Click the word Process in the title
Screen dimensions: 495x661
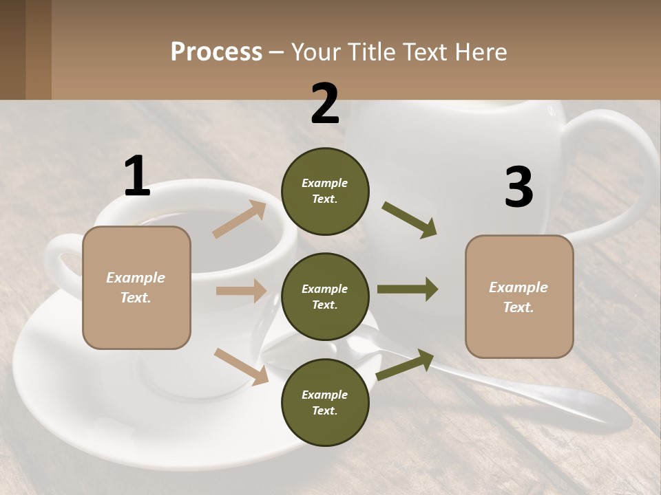(216, 52)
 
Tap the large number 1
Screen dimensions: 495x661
(137, 177)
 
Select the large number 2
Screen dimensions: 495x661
(325, 104)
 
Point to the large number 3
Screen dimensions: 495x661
(518, 187)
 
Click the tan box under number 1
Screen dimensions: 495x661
(136, 287)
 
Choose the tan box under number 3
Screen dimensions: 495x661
(519, 296)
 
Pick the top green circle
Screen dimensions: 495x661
(325, 191)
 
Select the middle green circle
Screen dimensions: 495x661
(325, 296)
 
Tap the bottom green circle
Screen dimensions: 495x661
(325, 402)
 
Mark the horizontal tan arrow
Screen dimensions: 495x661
(241, 291)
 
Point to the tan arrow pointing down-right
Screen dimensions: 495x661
(241, 366)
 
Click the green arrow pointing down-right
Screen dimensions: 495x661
(410, 220)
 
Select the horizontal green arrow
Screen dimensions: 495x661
(408, 289)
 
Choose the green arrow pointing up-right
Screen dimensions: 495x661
(406, 365)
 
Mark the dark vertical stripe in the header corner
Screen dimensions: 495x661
(39, 49)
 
